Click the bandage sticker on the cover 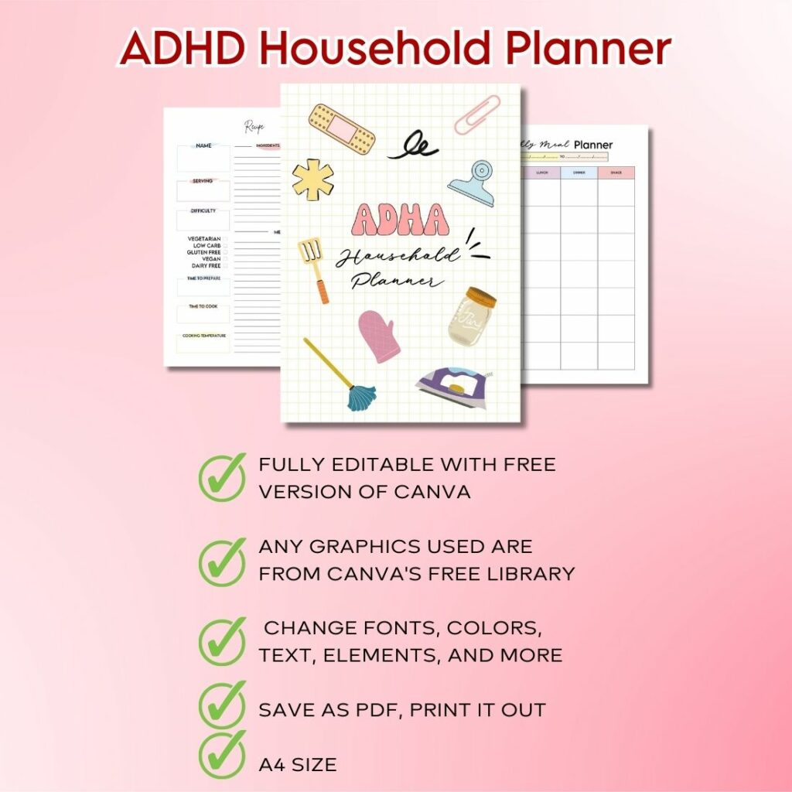[341, 128]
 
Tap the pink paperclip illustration [477, 114]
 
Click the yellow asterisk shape [313, 179]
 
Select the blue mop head [361, 397]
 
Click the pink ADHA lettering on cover [399, 220]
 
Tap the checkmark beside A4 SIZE [222, 754]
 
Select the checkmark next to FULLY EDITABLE [222, 477]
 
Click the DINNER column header [579, 172]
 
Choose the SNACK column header [616, 172]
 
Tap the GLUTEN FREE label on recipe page [203, 252]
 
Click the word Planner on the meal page [593, 145]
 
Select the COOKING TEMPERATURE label [203, 336]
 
